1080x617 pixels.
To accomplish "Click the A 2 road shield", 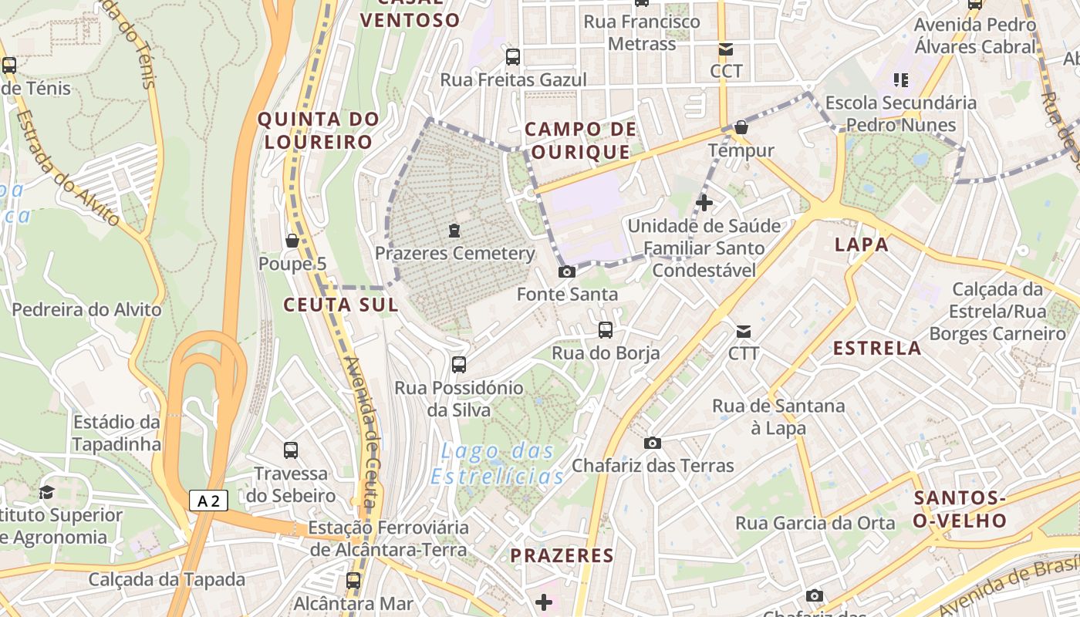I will [x=208, y=501].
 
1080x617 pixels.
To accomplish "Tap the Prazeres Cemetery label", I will [x=454, y=253].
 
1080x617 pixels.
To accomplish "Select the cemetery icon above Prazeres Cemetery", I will [x=454, y=231].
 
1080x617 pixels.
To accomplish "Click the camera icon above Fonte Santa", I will [x=567, y=271].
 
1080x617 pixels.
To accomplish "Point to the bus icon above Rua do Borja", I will [x=606, y=330].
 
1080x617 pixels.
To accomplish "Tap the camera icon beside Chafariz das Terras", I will [x=653, y=443].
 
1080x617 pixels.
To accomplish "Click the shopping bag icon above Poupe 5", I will [x=292, y=241].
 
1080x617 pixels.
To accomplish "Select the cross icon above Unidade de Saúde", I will [x=704, y=203].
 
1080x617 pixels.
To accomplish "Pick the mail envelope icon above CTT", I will [x=744, y=332].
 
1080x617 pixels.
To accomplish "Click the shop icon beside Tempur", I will [x=741, y=127].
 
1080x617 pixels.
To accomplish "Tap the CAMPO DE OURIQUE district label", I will [x=581, y=140].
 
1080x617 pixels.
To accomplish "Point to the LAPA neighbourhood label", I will [x=862, y=245].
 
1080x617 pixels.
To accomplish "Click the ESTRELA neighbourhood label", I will [x=878, y=348].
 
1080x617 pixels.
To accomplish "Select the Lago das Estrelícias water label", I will [x=498, y=464].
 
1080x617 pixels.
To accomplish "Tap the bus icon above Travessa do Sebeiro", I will [x=291, y=450].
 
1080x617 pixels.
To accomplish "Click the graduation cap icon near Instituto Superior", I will [x=47, y=492].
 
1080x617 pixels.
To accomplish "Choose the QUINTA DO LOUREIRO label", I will [x=319, y=130].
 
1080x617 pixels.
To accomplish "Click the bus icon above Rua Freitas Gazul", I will [x=513, y=57].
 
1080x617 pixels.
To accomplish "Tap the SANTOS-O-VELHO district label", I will [x=960, y=508].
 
